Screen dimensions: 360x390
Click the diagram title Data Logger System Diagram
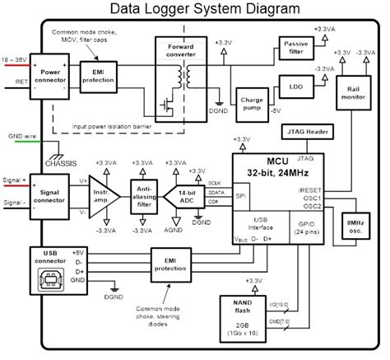[x=195, y=11]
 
